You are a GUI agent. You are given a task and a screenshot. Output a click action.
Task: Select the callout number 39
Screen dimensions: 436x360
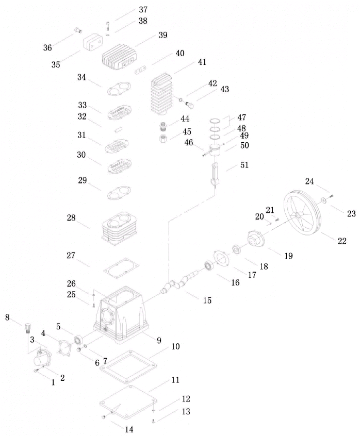pyautogui.click(x=163, y=35)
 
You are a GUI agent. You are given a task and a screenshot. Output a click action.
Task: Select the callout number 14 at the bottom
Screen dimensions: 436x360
pyautogui.click(x=128, y=429)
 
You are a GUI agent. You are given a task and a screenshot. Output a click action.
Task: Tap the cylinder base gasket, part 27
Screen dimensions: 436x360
pyautogui.click(x=121, y=268)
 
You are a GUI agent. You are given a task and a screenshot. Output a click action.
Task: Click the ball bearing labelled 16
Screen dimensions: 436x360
pyautogui.click(x=209, y=266)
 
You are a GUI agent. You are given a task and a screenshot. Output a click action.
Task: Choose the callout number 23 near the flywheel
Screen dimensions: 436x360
pyautogui.click(x=351, y=214)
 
